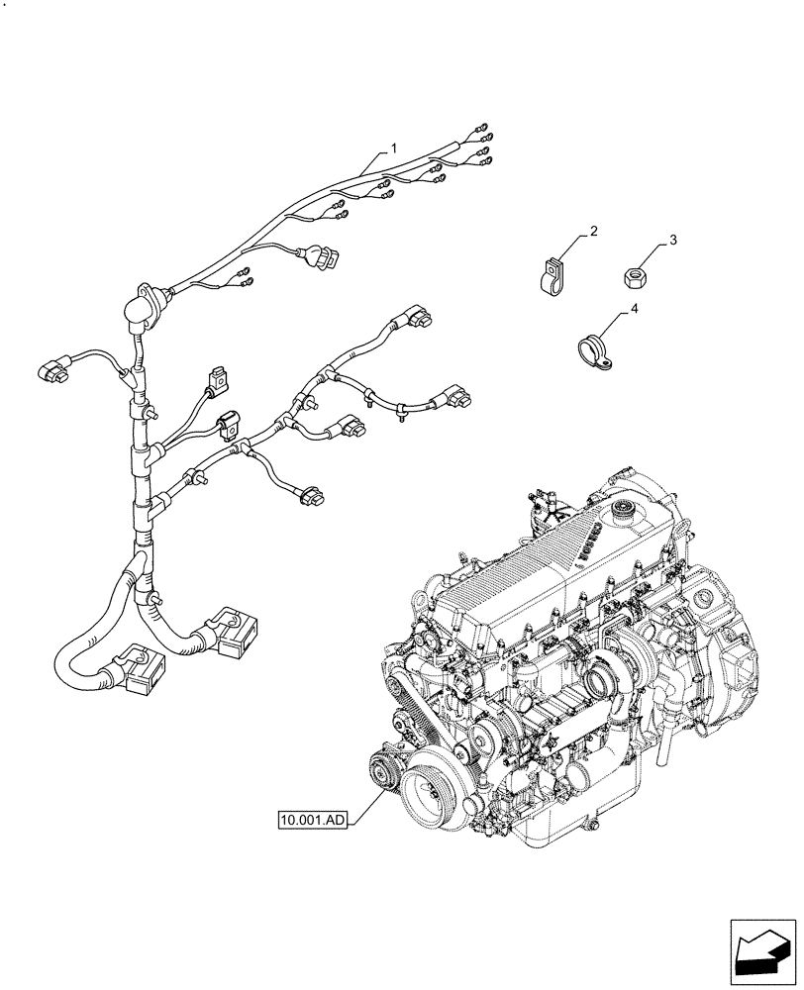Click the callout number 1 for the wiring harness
point(393,148)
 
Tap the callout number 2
point(592,231)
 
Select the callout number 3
point(672,241)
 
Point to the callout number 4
point(633,311)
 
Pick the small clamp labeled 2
point(552,276)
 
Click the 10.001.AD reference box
point(312,820)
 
